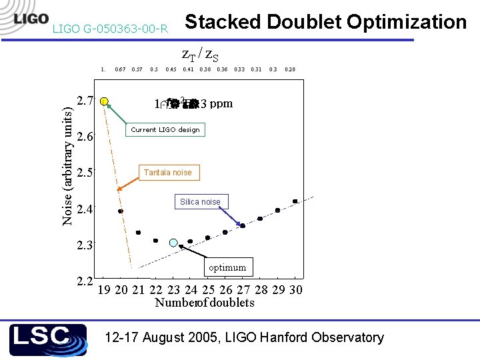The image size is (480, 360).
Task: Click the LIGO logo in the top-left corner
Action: tap(30, 18)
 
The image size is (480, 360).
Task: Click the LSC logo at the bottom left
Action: tap(48, 339)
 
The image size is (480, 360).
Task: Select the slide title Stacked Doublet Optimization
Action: tap(325, 22)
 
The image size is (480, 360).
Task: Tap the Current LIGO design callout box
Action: tap(165, 129)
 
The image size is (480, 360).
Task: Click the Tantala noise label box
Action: tap(167, 173)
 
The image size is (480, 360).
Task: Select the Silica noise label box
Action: tap(200, 201)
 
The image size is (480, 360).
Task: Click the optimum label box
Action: tap(227, 267)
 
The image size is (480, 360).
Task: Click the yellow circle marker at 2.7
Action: tap(104, 101)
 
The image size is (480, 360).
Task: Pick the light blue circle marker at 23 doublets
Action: tap(173, 243)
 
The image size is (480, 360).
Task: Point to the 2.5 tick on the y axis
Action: tap(85, 173)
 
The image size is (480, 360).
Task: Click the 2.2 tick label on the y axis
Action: tap(85, 280)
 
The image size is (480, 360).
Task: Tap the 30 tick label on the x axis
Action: tap(296, 289)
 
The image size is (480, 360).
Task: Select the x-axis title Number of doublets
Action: tap(204, 303)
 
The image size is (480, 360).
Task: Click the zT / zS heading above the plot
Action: tap(200, 55)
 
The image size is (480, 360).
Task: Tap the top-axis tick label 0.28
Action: tap(290, 69)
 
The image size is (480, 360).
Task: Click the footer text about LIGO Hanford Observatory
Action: tap(244, 337)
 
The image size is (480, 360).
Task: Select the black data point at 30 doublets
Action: tap(295, 201)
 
